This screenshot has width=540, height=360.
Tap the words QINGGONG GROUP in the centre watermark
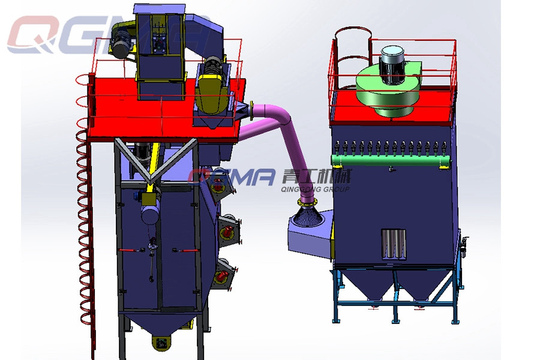[315, 189]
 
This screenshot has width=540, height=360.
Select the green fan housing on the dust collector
[388, 89]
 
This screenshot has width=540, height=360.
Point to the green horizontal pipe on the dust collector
[391, 160]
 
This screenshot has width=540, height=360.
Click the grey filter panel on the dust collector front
[393, 244]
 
